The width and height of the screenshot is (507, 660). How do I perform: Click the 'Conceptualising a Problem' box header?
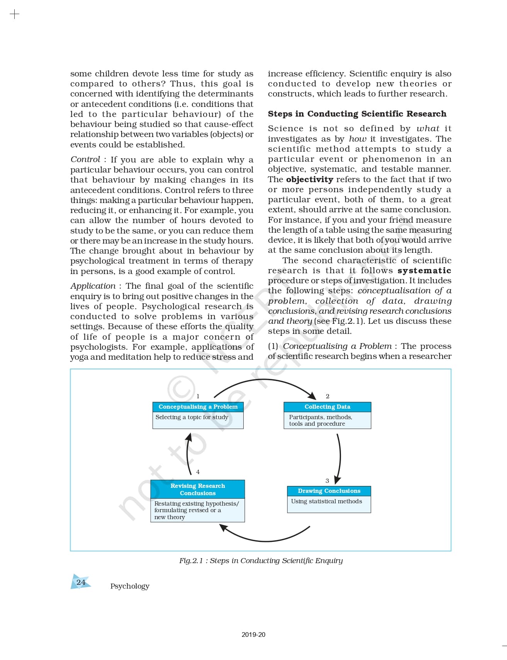(x=198, y=407)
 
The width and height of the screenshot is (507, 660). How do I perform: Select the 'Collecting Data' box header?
(x=327, y=407)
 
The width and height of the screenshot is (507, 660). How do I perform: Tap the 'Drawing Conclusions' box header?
(x=329, y=491)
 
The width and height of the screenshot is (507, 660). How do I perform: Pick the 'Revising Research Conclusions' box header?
(x=197, y=489)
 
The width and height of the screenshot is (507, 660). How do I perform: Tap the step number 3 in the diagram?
(x=327, y=481)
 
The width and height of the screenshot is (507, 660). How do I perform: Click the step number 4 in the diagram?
(x=198, y=472)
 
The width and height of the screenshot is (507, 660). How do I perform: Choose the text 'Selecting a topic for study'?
(x=192, y=417)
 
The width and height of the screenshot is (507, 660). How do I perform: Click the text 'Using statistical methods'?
(x=327, y=501)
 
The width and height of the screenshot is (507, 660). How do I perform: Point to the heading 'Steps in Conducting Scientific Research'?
(x=357, y=114)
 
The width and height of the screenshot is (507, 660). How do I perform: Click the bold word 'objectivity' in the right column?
(x=309, y=179)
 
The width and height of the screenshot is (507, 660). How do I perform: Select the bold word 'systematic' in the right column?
(x=424, y=271)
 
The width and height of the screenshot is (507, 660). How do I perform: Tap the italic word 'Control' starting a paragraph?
(x=85, y=159)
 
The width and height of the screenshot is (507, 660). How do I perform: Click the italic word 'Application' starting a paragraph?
(x=93, y=286)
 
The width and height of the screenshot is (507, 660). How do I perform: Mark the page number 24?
(x=81, y=582)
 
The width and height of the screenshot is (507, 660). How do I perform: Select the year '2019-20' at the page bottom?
(x=253, y=635)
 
